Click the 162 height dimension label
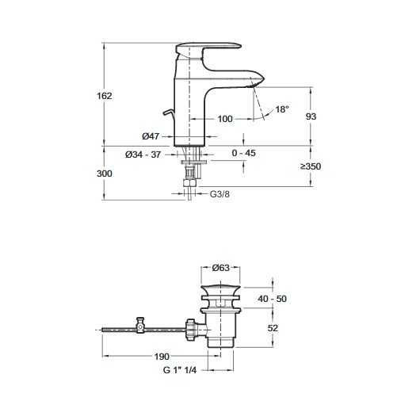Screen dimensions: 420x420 105,96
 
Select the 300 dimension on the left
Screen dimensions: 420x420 105,174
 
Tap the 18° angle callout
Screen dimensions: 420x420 282,109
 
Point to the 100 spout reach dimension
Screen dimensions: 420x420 225,119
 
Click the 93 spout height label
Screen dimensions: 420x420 311,116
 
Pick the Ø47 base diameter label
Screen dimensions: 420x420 151,136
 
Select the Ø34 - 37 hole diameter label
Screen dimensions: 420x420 143,155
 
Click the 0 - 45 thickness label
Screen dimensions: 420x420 244,153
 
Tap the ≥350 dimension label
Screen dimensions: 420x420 311,166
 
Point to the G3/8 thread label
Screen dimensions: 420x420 220,194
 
